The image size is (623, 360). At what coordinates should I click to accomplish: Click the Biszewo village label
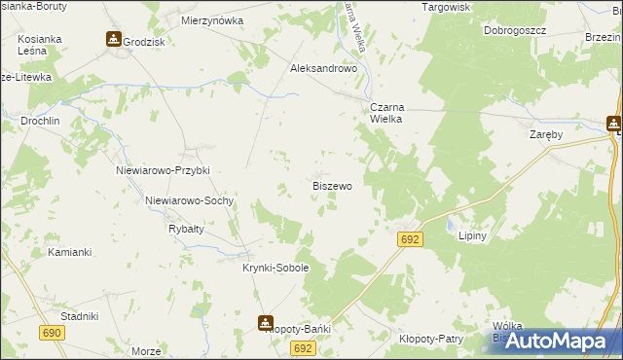(332, 185)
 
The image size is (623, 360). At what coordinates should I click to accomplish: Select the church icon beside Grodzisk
(114, 40)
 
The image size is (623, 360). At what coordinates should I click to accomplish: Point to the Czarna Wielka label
(385, 113)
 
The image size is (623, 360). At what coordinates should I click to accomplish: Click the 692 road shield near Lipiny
(410, 239)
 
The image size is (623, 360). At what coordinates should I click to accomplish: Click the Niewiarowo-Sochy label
(189, 200)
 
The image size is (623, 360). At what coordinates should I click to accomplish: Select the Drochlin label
(41, 122)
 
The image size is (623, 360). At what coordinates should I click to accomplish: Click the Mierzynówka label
(212, 19)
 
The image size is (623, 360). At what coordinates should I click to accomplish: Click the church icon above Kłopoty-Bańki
(266, 322)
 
